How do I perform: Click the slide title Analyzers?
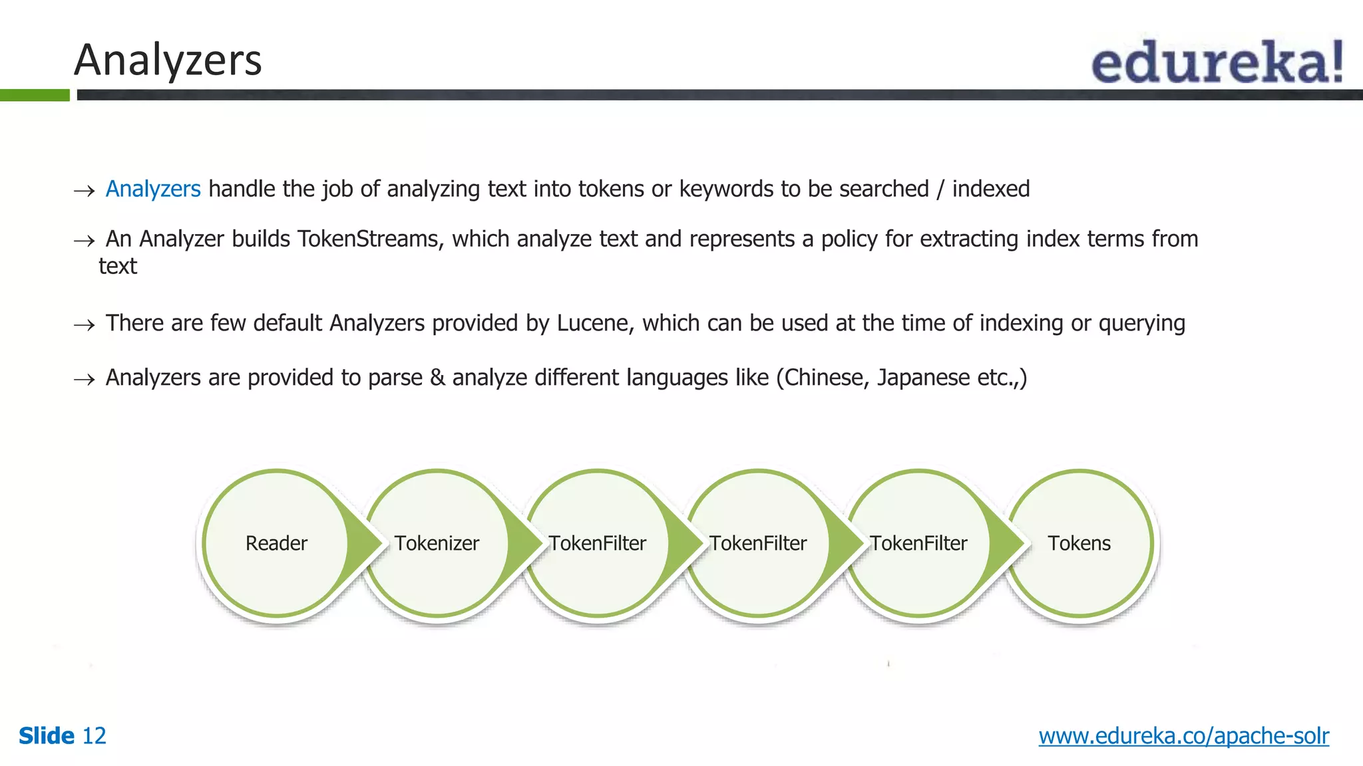(168, 60)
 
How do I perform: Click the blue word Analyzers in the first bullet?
(153, 190)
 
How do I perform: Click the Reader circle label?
(276, 543)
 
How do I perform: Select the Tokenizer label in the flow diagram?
(437, 543)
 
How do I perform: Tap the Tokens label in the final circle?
(1079, 543)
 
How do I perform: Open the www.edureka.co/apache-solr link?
(1183, 736)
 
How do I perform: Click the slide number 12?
(94, 736)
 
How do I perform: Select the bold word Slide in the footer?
(47, 736)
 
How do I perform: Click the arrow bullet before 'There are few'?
(85, 325)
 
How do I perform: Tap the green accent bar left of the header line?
(35, 95)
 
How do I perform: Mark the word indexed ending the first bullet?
(990, 190)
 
